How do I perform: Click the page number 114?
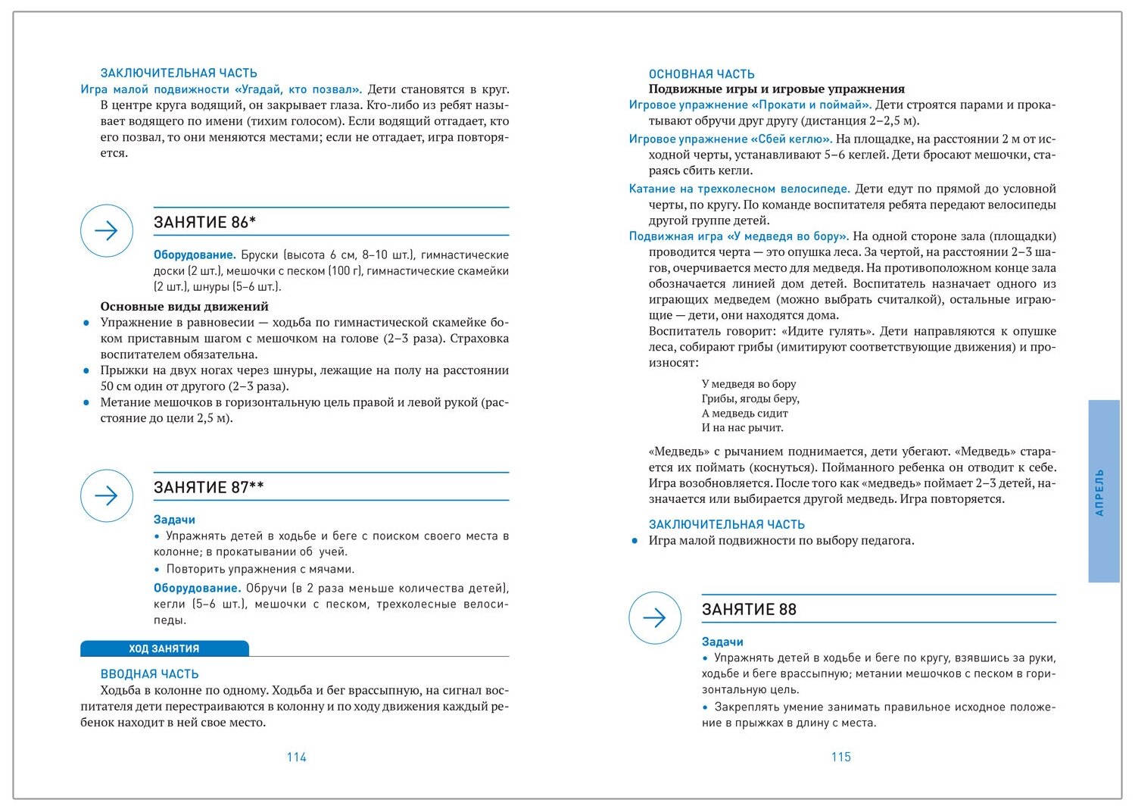pyautogui.click(x=296, y=757)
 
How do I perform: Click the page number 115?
pyautogui.click(x=840, y=757)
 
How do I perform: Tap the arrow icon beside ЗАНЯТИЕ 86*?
pyautogui.click(x=107, y=230)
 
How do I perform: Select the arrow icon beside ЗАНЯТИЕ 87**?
pyautogui.click(x=107, y=495)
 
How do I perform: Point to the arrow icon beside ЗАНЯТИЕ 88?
pyautogui.click(x=655, y=617)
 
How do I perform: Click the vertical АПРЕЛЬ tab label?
pyautogui.click(x=1100, y=492)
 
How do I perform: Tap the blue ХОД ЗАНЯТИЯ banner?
pyautogui.click(x=164, y=648)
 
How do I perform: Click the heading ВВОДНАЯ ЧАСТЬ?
pyautogui.click(x=149, y=673)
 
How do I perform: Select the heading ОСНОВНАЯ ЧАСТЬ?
pyautogui.click(x=701, y=74)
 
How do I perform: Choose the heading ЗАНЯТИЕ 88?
pyautogui.click(x=749, y=609)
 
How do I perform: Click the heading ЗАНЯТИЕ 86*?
pyautogui.click(x=204, y=222)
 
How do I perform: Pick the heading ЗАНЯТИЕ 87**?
pyautogui.click(x=208, y=487)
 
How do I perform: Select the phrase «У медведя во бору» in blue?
pyautogui.click(x=787, y=236)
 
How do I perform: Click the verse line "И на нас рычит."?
pyautogui.click(x=742, y=427)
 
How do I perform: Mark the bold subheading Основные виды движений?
pyautogui.click(x=184, y=306)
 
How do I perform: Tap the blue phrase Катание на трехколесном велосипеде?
pyautogui.click(x=739, y=189)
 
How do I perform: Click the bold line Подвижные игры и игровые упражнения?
pyautogui.click(x=776, y=89)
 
